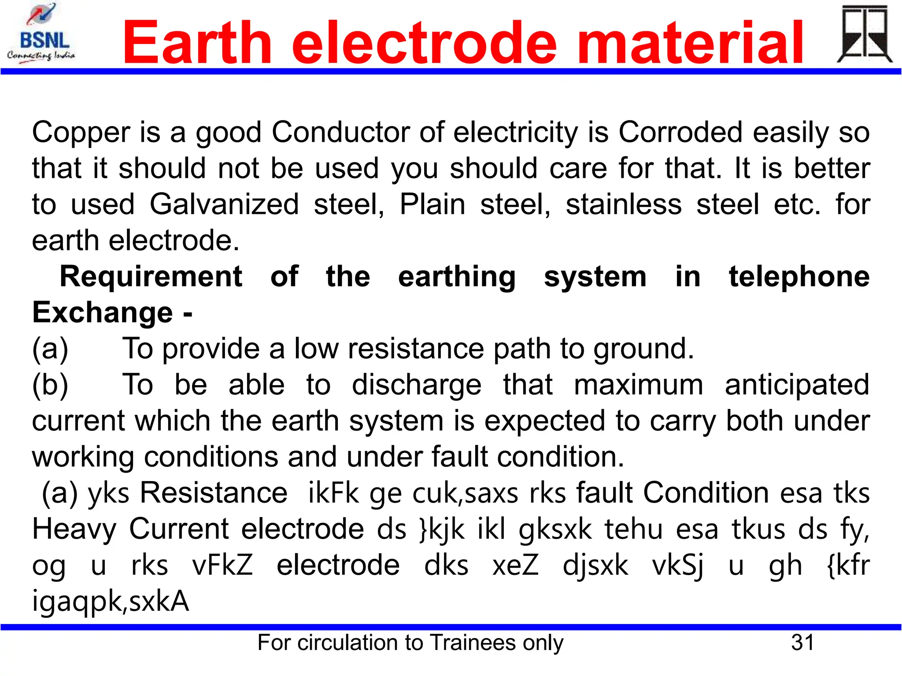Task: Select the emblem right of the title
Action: pyautogui.click(x=864, y=34)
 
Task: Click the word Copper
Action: pyautogui.click(x=81, y=133)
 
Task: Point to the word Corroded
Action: pyautogui.click(x=680, y=132)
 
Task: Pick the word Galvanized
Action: pyautogui.click(x=224, y=205)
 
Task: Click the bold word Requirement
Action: pyautogui.click(x=151, y=277)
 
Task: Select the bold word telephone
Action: pyautogui.click(x=799, y=277)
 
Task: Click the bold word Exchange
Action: pyautogui.click(x=102, y=313)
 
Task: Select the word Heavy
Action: pyautogui.click(x=74, y=529)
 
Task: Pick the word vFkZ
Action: pyautogui.click(x=222, y=565)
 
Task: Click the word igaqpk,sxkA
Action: pyautogui.click(x=111, y=602)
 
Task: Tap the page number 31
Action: pyautogui.click(x=802, y=643)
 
